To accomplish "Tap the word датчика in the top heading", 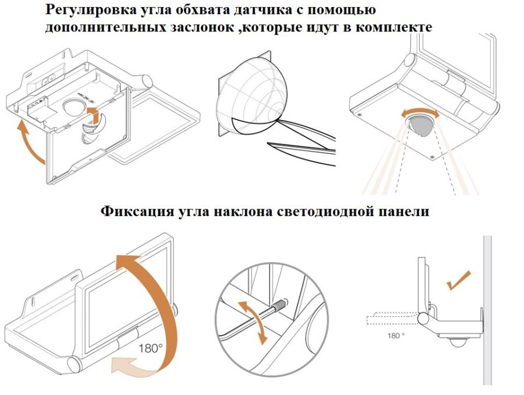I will point(274,11).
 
